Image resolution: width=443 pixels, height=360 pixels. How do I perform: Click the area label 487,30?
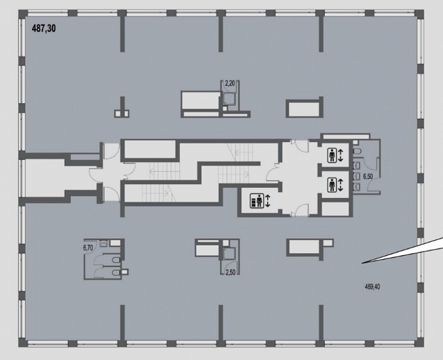44,29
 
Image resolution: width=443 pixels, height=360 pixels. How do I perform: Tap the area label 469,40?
372,287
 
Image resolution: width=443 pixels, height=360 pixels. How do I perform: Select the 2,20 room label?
231,83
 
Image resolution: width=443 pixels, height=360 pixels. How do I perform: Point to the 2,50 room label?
231,272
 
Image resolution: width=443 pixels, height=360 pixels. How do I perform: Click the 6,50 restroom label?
368,177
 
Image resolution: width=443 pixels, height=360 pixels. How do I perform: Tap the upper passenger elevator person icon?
332,155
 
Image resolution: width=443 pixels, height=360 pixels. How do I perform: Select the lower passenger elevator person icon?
332,185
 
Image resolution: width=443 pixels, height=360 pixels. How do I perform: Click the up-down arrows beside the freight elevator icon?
268,201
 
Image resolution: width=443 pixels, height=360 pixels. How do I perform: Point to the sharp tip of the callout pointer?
363,263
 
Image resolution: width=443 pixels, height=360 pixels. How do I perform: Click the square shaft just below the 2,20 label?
229,99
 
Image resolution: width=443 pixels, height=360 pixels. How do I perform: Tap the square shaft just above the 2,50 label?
229,254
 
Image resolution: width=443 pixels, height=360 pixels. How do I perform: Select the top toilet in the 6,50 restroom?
357,151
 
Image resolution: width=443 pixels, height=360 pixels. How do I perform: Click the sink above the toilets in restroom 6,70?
104,244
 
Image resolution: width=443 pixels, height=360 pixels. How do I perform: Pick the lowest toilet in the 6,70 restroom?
116,272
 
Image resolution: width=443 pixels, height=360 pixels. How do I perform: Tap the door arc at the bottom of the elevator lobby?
300,211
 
